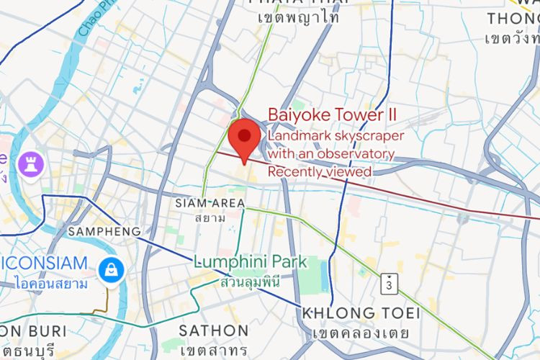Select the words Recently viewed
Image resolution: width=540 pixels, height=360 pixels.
click(x=320, y=172)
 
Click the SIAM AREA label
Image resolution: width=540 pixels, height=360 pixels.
click(x=210, y=204)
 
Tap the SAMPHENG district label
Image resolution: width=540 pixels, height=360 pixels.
click(x=104, y=232)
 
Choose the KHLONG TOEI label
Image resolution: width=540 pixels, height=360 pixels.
click(x=348, y=314)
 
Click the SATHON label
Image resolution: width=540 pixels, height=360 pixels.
click(x=213, y=331)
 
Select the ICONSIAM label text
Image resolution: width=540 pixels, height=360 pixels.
click(x=43, y=264)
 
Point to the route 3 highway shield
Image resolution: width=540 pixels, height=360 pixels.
click(x=389, y=283)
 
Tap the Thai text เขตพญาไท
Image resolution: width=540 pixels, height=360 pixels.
click(x=297, y=18)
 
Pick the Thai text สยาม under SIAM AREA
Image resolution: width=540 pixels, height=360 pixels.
click(x=210, y=217)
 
